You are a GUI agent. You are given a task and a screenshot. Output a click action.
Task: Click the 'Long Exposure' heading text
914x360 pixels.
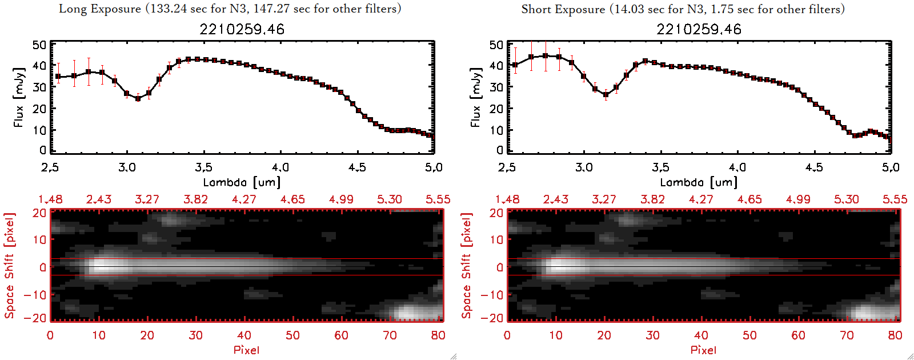pyautogui.click(x=100, y=9)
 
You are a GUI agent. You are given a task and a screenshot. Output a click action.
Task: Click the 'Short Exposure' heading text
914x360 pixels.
pyautogui.click(x=563, y=9)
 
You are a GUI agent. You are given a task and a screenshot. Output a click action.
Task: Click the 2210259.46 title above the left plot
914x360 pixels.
pyautogui.click(x=242, y=29)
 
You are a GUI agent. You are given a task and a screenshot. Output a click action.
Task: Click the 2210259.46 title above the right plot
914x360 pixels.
pyautogui.click(x=699, y=29)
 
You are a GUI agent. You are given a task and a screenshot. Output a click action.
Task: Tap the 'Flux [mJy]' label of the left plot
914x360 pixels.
pyautogui.click(x=19, y=98)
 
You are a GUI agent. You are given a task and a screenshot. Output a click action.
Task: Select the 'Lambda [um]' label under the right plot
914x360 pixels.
pyautogui.click(x=699, y=182)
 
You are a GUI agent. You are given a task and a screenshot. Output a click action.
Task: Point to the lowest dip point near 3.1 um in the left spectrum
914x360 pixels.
pyautogui.click(x=138, y=99)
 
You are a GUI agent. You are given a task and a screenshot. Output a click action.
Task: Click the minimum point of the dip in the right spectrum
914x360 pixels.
pyautogui.click(x=606, y=95)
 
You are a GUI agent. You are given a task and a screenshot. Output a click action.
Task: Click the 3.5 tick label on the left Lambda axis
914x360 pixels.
pyautogui.click(x=203, y=167)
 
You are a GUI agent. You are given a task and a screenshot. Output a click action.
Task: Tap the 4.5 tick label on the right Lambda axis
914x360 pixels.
pyautogui.click(x=814, y=167)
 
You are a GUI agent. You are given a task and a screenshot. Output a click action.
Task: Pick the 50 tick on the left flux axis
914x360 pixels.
pyautogui.click(x=39, y=45)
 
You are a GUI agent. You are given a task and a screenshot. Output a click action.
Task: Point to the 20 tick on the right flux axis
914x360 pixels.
pyautogui.click(x=496, y=109)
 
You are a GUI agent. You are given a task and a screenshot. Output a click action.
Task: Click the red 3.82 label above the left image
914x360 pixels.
pyautogui.click(x=195, y=199)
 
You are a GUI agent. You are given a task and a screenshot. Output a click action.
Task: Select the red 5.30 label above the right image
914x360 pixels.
pyautogui.click(x=846, y=199)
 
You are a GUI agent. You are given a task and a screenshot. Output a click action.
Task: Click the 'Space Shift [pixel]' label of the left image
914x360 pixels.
pyautogui.click(x=10, y=266)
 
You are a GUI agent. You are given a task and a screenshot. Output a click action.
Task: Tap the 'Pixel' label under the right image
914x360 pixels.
pyautogui.click(x=703, y=350)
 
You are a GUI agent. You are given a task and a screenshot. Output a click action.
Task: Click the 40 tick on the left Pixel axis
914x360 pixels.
pyautogui.click(x=244, y=335)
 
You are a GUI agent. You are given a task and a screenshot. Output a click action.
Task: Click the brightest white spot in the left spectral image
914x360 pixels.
pyautogui.click(x=105, y=266)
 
